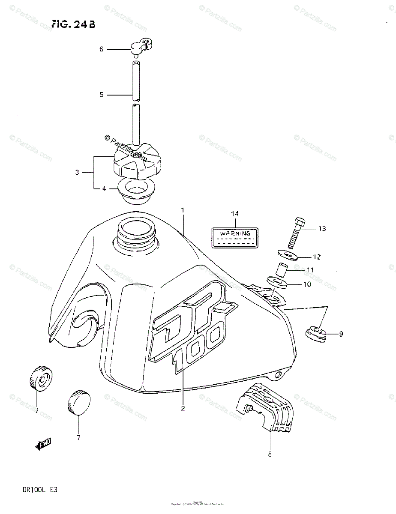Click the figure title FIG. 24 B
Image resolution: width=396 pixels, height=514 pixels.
(73, 24)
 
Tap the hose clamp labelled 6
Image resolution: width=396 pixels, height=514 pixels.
(141, 47)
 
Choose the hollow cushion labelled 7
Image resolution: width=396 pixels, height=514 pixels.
(41, 378)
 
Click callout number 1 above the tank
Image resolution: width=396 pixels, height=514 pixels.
(182, 211)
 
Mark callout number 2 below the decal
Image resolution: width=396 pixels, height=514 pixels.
(183, 409)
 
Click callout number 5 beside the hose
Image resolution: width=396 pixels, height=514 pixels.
(102, 95)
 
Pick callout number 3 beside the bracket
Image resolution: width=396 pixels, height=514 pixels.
(77, 173)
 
